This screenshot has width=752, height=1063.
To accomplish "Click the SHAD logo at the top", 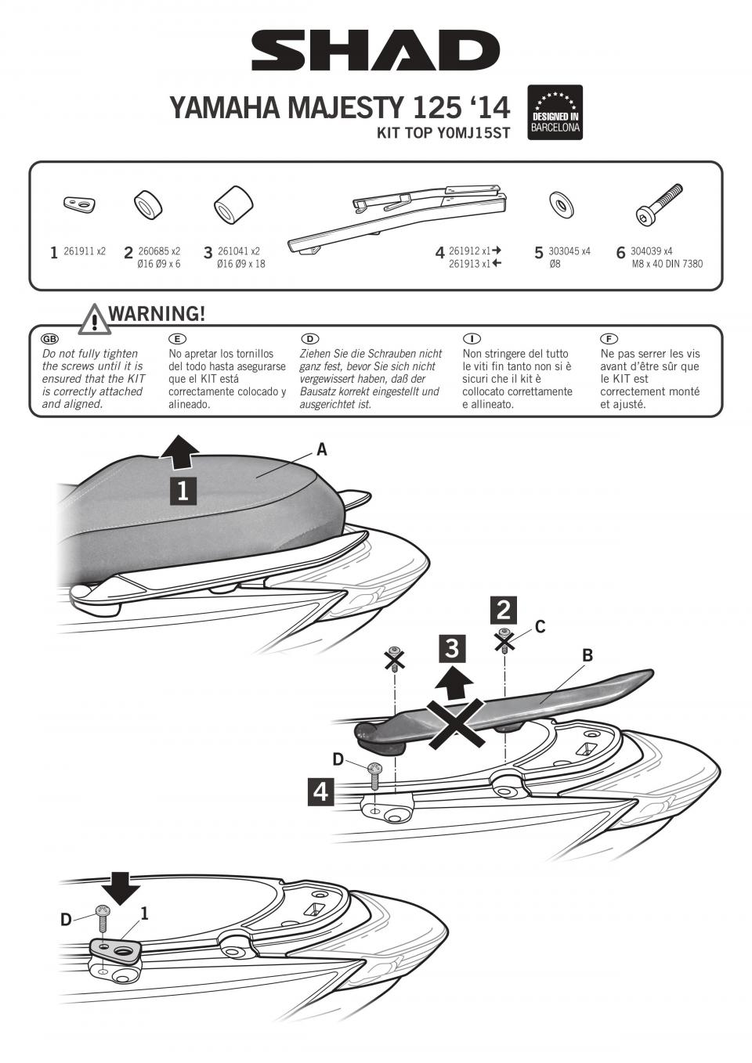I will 375,52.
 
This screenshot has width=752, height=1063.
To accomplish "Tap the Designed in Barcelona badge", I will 555,113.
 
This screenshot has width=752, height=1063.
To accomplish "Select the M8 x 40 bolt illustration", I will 658,204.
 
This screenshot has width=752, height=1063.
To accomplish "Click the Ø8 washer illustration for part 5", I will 562,204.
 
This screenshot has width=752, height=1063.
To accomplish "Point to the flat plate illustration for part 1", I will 79,204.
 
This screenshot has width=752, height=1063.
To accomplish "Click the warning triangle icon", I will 94,319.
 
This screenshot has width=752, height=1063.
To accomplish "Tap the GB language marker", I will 49,338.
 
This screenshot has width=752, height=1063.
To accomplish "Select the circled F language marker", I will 608,338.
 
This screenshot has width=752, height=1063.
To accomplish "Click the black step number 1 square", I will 183,491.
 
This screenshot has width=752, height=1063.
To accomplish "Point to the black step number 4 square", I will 321,791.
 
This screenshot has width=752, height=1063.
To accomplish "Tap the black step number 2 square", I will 504,610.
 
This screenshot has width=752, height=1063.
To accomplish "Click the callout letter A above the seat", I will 321,449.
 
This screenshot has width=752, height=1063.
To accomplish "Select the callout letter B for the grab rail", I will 587,655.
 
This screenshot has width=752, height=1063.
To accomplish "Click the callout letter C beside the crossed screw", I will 540,626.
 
